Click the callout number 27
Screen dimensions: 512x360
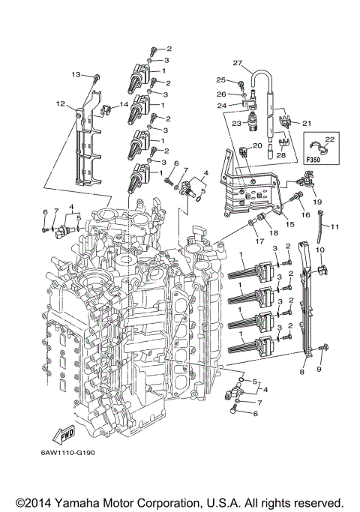click(x=236, y=62)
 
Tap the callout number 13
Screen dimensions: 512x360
click(x=76, y=74)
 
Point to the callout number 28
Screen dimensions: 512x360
click(x=281, y=154)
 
